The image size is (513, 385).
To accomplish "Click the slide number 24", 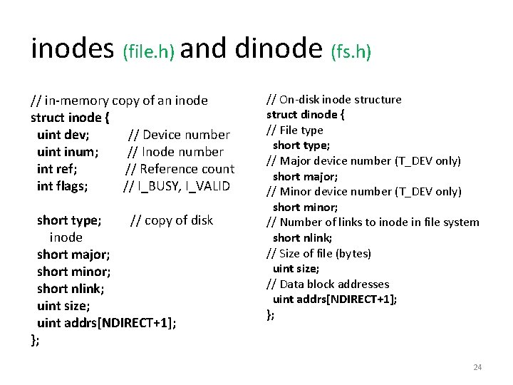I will [x=477, y=367].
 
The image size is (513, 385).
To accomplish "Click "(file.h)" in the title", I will [x=149, y=51].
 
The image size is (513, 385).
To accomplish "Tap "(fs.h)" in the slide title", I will [x=351, y=51].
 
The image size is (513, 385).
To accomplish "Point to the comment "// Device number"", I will [x=179, y=135].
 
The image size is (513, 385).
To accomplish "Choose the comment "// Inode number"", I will [x=175, y=152].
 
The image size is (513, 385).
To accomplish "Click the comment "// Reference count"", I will [x=180, y=169].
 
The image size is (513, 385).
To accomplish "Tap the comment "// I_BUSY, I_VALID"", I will [x=177, y=186].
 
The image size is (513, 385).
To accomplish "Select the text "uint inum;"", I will [x=68, y=152].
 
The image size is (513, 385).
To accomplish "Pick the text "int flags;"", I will [x=63, y=186].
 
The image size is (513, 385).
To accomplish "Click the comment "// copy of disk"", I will [x=171, y=220].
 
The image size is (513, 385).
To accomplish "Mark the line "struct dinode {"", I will [x=306, y=115].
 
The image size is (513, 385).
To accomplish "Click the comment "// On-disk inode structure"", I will [x=334, y=100].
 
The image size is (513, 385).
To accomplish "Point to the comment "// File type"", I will [x=295, y=130].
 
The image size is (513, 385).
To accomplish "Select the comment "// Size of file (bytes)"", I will [x=319, y=253].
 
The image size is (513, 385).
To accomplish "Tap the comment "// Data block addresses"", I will [x=328, y=284].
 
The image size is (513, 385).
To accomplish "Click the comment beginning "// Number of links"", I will [x=373, y=222].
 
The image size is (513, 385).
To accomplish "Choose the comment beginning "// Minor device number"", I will [x=364, y=191].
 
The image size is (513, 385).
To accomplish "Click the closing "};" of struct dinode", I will [x=270, y=314].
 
